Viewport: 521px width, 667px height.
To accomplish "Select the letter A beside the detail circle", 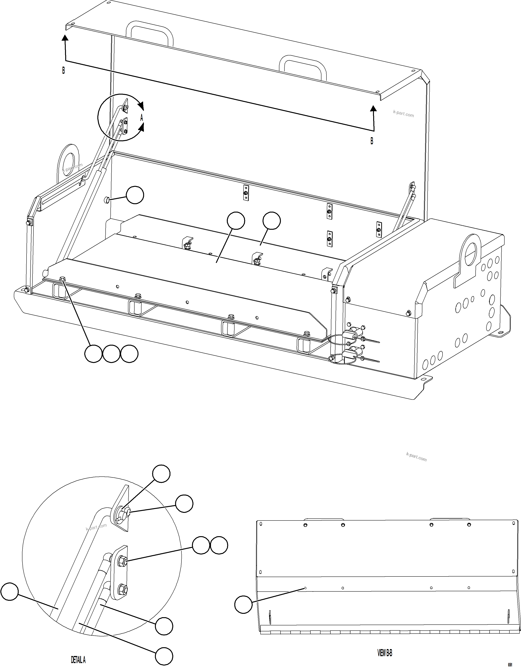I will coord(142,118).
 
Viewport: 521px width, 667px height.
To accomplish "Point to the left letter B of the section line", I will coord(63,71).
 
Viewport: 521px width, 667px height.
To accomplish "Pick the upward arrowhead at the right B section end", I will coord(373,108).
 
